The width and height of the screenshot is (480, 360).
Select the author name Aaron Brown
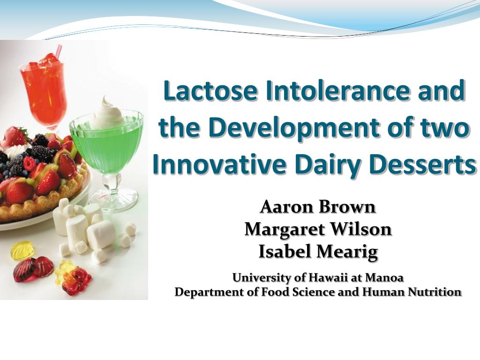click(318, 207)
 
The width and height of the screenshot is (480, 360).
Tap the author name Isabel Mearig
click(318, 252)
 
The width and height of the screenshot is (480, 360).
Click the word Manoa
click(384, 277)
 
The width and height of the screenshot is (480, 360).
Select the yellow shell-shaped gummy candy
click(22, 250)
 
